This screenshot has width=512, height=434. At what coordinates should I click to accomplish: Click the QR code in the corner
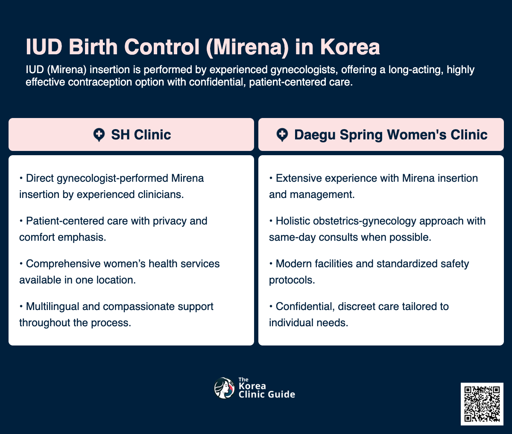[x=482, y=404]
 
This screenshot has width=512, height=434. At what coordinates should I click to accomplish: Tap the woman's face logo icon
[x=224, y=388]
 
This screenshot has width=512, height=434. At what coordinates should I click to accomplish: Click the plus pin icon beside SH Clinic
[x=99, y=135]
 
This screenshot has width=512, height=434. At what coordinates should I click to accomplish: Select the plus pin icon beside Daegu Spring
[x=282, y=135]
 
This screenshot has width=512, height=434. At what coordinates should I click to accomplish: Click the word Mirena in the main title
[x=247, y=47]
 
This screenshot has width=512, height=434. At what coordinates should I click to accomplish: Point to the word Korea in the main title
[x=350, y=47]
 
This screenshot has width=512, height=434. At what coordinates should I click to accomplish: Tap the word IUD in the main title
[x=44, y=47]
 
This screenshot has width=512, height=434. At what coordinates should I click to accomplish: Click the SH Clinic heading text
[x=141, y=135]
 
